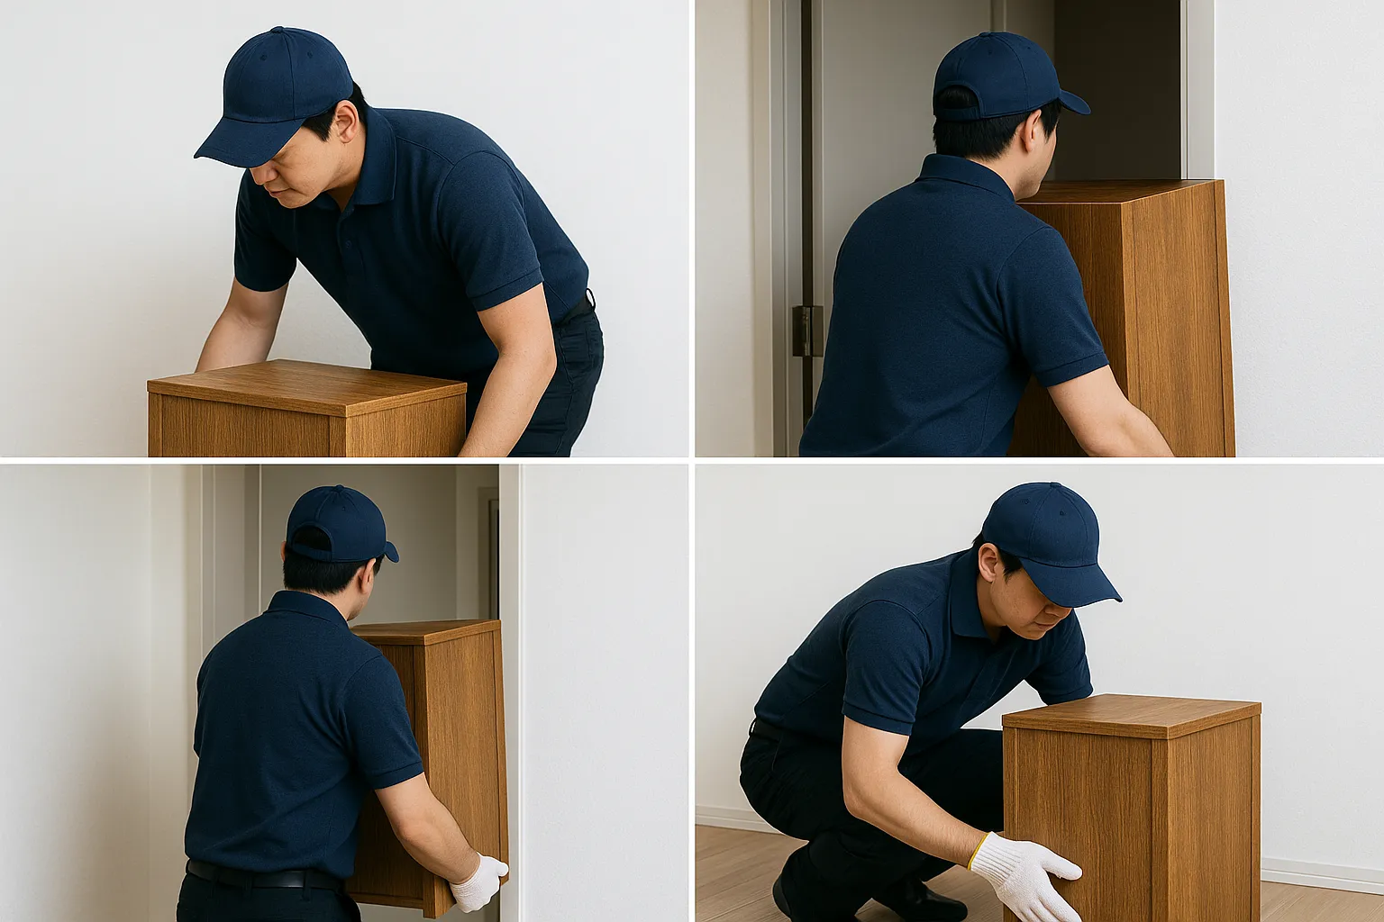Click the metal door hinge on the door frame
tap(807, 330)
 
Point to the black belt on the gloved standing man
tap(261, 875)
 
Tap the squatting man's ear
tap(988, 562)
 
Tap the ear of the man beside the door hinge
tap(1029, 131)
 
